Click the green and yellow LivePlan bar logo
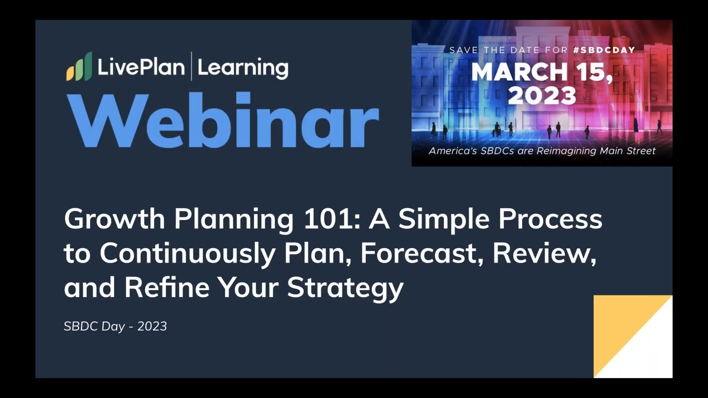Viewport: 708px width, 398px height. [79, 67]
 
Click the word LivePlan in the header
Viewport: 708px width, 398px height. [141, 67]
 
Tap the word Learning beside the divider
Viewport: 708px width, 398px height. [243, 68]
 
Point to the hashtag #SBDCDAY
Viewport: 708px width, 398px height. [604, 50]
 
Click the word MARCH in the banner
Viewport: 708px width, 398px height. [519, 72]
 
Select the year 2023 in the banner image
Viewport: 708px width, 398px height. [542, 96]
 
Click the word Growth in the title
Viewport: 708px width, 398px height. [114, 219]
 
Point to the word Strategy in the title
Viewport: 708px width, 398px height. [345, 288]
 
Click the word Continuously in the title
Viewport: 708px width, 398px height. [187, 254]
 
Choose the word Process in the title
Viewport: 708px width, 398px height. [550, 219]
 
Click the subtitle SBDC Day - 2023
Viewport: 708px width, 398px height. [115, 326]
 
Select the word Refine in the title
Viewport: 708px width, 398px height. [167, 287]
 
